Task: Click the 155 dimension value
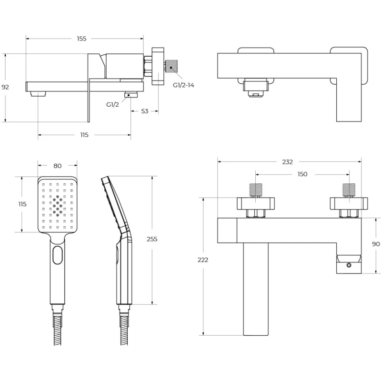tap(82, 39)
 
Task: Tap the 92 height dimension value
tap(6, 87)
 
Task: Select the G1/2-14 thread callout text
tap(183, 85)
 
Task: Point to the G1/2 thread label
tap(112, 103)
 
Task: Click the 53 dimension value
tap(144, 111)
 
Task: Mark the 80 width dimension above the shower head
tap(58, 166)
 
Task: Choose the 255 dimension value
tap(152, 239)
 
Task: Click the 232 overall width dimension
tap(288, 162)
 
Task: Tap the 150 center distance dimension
tap(302, 174)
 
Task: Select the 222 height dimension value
tap(203, 260)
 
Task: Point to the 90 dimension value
tap(376, 244)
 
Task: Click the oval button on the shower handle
tap(58, 255)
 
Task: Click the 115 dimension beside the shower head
tap(22, 204)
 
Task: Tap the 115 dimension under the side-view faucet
tap(84, 135)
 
